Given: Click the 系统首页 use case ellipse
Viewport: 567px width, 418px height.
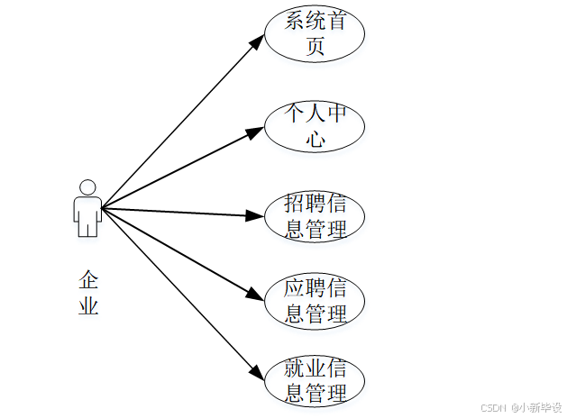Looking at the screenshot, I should tap(315, 35).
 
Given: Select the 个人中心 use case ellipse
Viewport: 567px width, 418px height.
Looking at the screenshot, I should tap(315, 127).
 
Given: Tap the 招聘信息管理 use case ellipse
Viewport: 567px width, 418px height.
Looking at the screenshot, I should tap(315, 215).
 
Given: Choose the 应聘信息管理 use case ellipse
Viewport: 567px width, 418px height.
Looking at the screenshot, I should tap(315, 301).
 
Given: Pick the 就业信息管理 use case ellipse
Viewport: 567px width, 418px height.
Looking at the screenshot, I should tap(315, 381).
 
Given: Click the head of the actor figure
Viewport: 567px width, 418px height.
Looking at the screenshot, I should tap(87, 186).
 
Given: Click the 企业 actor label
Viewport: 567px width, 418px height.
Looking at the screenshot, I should tap(87, 292).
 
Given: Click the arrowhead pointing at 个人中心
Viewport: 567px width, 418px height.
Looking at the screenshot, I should tap(256, 132).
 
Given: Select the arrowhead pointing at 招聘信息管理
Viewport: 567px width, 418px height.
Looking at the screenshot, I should tap(256, 215).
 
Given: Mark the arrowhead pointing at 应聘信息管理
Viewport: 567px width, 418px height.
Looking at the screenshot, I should tap(257, 296).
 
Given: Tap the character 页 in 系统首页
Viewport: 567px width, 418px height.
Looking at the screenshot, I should tap(315, 48).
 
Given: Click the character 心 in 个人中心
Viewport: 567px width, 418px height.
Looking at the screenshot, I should tap(315, 140).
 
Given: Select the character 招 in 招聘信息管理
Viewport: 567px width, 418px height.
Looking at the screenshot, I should tap(294, 203).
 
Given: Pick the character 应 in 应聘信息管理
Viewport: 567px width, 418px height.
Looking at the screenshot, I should tap(294, 288).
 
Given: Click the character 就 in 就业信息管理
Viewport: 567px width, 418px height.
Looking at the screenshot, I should tap(294, 368).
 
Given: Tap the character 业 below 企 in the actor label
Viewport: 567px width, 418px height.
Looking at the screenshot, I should tap(87, 306).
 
